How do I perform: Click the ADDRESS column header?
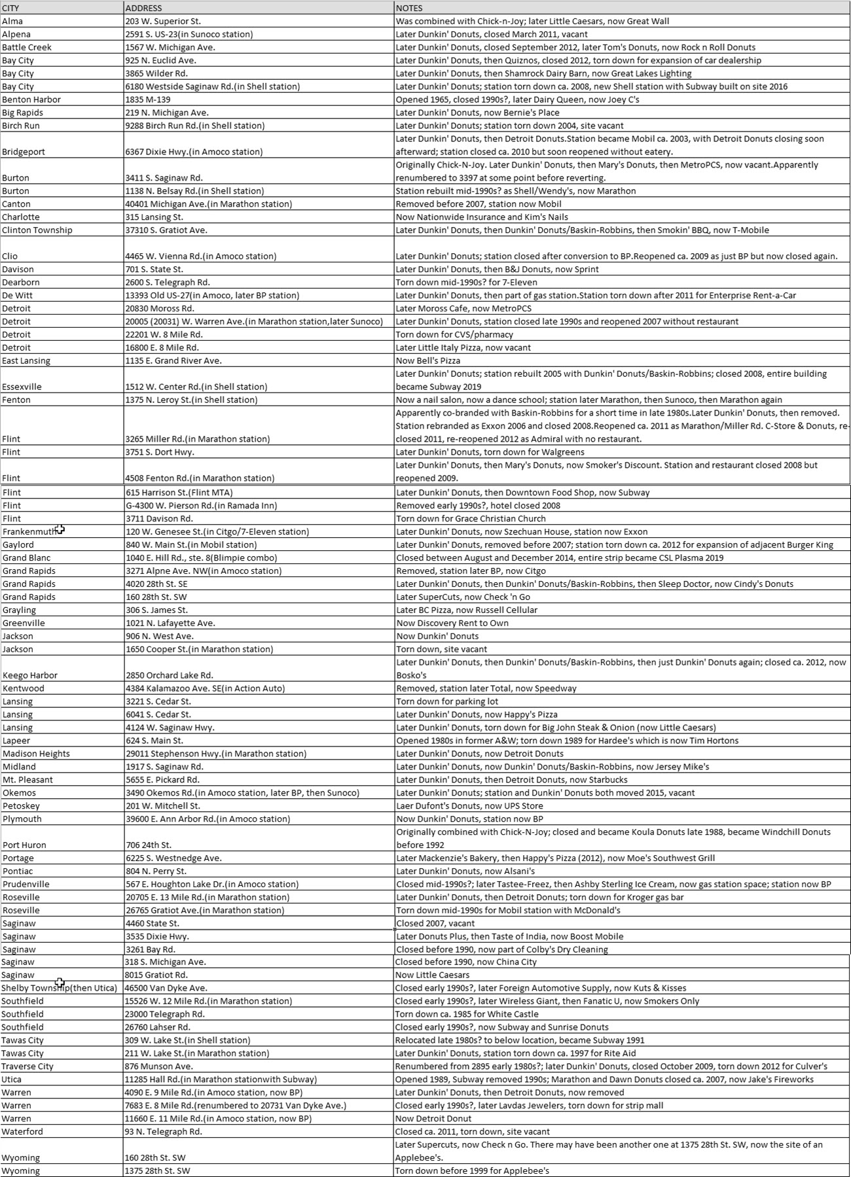coord(144,8)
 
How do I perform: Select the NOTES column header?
coord(409,8)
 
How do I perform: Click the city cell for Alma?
coord(12,21)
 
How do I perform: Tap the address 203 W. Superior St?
coord(163,21)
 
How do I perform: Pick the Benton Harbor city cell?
coord(31,99)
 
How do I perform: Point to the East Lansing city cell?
coord(26,360)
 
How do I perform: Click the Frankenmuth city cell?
coord(29,531)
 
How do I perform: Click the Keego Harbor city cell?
coord(30,675)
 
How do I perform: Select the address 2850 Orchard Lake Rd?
coord(169,675)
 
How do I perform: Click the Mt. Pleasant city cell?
coord(27,779)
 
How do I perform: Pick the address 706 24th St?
coord(148,845)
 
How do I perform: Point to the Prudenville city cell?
coord(26,884)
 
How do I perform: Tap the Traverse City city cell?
coord(27,1066)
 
